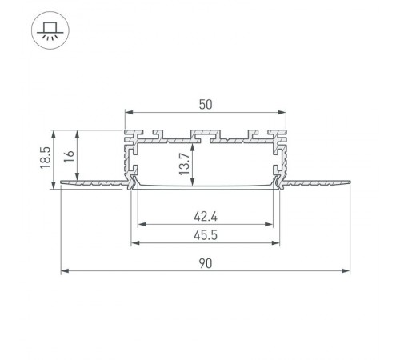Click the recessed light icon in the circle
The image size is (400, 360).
tap(50, 32)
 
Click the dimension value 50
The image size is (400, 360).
tap(206, 103)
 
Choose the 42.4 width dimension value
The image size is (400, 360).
tap(206, 214)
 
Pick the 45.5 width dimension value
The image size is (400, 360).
tap(206, 234)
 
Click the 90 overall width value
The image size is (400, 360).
tap(206, 263)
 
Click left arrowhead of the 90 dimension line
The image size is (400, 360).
tap(63, 271)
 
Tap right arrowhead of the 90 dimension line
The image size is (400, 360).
tap(348, 271)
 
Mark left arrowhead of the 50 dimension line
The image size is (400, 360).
tap(127, 113)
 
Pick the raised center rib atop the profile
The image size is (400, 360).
tap(206, 133)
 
